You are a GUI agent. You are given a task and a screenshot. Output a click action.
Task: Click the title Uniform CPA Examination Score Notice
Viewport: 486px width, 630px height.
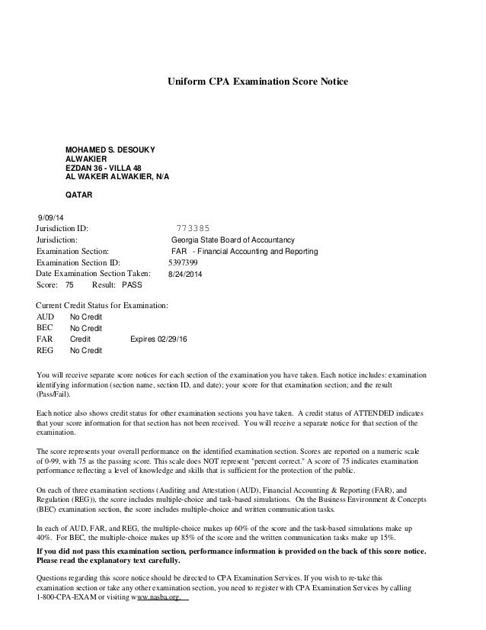tap(257, 79)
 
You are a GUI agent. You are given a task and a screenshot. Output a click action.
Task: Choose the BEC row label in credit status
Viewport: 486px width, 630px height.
tap(46, 327)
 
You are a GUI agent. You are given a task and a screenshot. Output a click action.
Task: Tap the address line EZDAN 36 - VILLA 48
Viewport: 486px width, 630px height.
tap(104, 166)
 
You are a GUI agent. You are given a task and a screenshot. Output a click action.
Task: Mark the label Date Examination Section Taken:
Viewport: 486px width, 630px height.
tap(94, 272)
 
